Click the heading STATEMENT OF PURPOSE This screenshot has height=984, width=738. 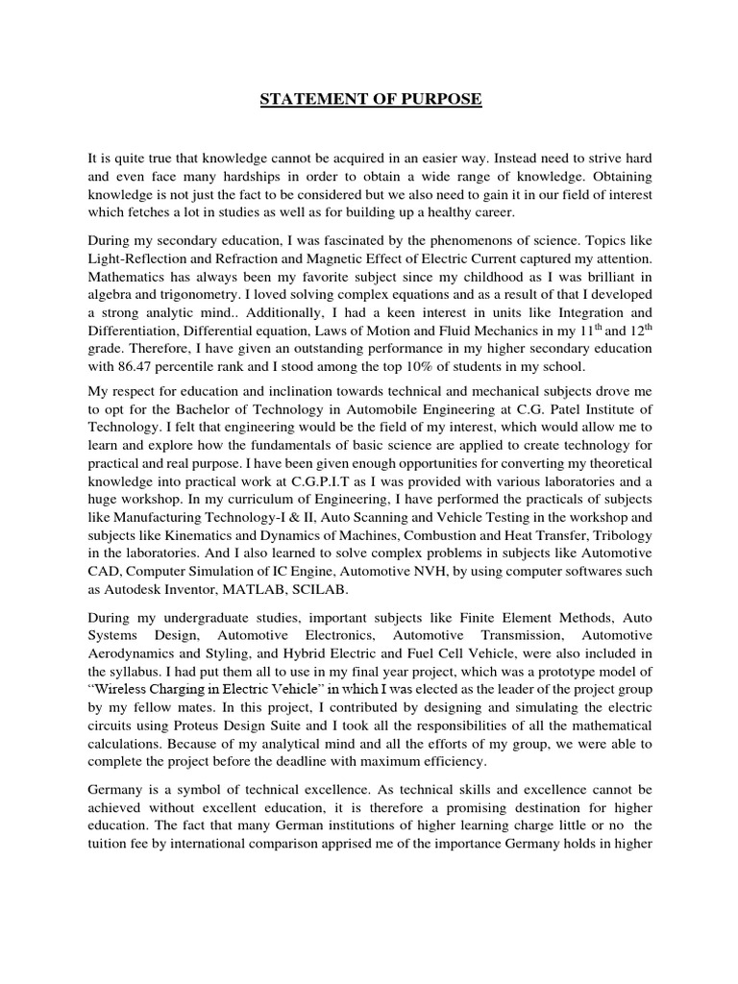point(370,99)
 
